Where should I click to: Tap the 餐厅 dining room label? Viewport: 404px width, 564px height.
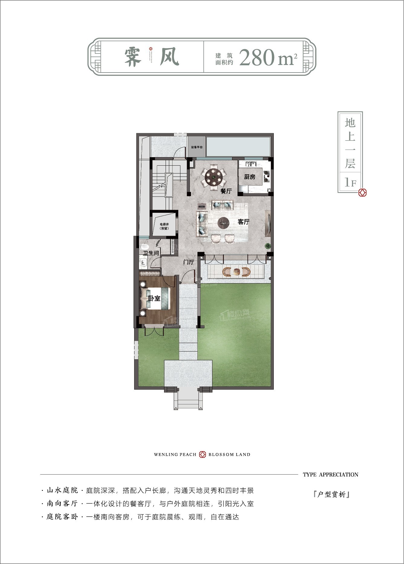coord(226,191)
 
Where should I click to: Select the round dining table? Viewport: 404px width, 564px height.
coord(214,176)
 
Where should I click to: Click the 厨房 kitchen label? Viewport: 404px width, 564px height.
coord(250,177)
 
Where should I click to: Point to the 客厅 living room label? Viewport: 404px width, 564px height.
coord(243,222)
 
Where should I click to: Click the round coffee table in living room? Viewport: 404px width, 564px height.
coord(224,223)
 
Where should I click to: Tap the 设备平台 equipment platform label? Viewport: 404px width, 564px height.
coord(197,147)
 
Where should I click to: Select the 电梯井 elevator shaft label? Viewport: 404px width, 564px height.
coord(164,226)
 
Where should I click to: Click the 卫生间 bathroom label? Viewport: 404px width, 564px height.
coord(151,253)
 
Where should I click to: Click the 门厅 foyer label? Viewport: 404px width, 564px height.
coord(189,262)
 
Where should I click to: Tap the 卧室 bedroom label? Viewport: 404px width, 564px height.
coord(154,298)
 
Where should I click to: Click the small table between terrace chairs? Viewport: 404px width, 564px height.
coord(236,272)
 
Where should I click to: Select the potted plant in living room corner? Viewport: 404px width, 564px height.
coord(267,246)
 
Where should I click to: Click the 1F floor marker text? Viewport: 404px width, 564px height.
coord(350,182)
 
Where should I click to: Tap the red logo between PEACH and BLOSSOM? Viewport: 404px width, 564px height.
coord(202,454)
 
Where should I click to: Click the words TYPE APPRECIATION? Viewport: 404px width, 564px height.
coord(330,475)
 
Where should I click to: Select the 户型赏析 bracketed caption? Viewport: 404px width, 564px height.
coord(331,494)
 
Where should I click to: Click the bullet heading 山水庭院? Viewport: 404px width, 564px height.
coord(62,490)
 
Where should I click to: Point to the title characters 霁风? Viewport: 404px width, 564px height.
coord(152,57)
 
